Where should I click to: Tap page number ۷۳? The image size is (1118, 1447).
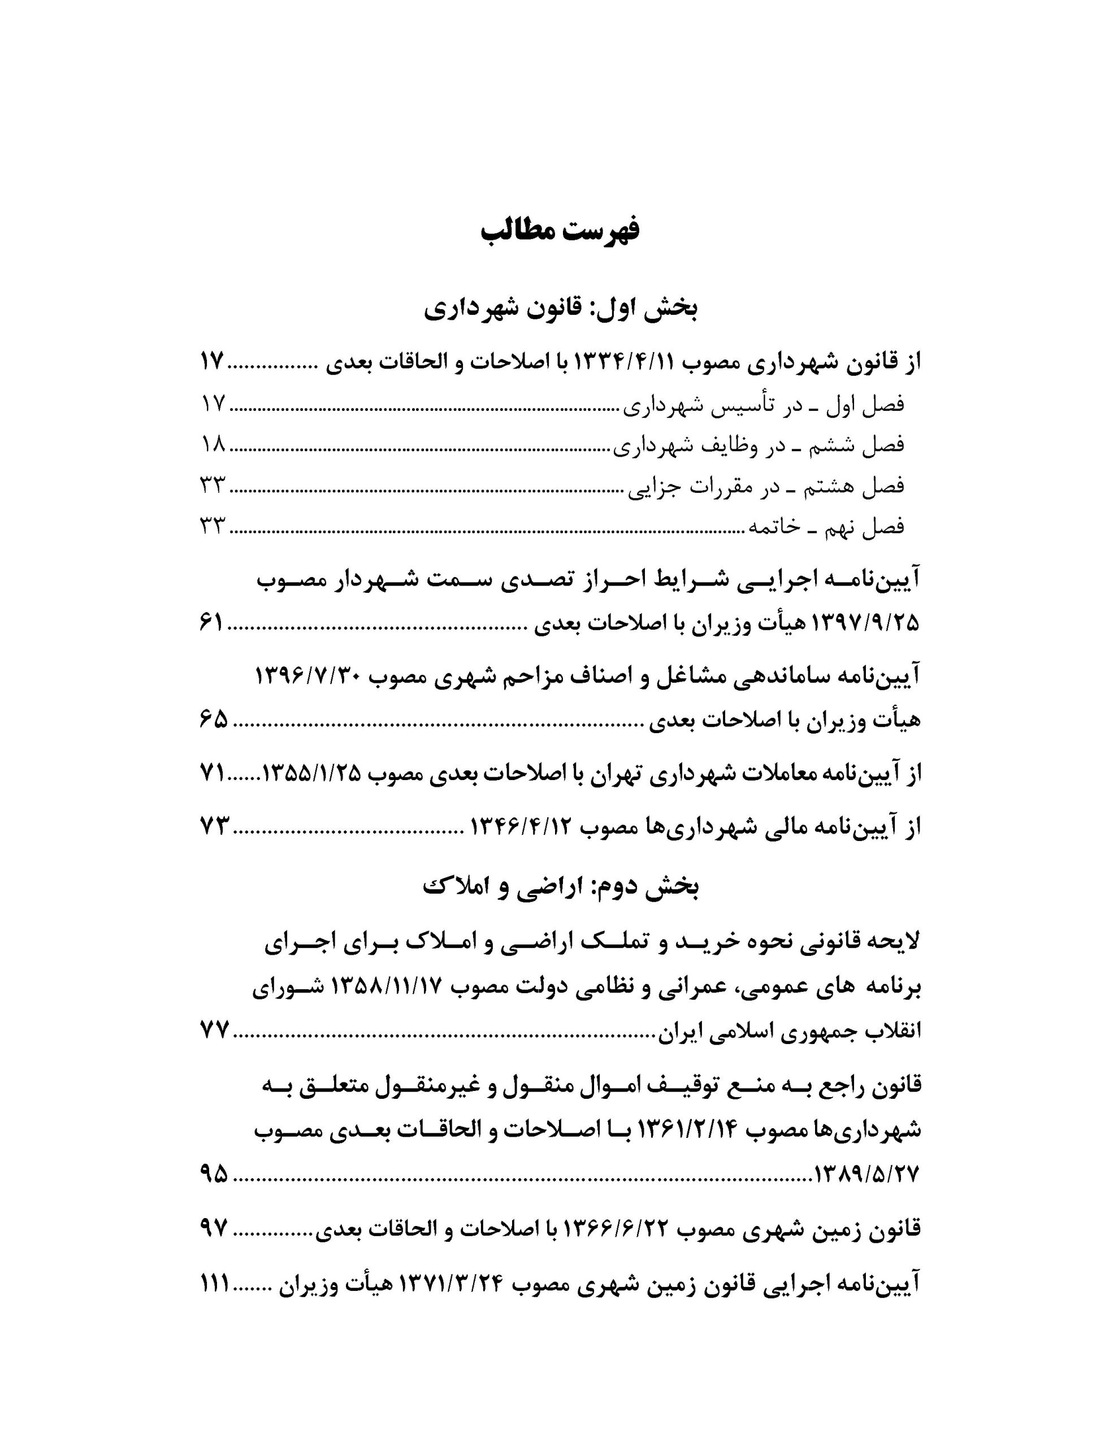[214, 826]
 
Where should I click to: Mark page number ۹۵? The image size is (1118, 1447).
[214, 1175]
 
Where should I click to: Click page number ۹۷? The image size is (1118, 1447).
[214, 1230]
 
